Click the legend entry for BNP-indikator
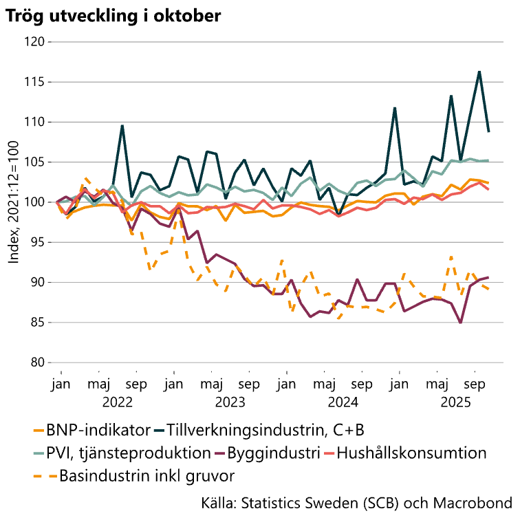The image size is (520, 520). click(98, 431)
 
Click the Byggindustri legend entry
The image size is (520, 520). click(275, 453)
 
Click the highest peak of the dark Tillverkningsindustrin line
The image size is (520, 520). click(479, 72)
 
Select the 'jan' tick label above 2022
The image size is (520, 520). click(61, 384)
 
